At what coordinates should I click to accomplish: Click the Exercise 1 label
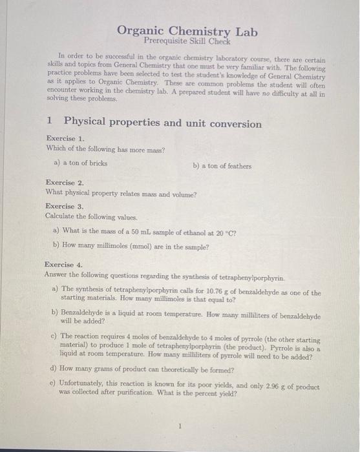[65, 139]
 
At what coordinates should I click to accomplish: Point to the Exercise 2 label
[65, 183]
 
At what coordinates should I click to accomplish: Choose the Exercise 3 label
[65, 206]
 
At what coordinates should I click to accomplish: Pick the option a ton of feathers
[222, 166]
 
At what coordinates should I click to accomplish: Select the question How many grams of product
[151, 370]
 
